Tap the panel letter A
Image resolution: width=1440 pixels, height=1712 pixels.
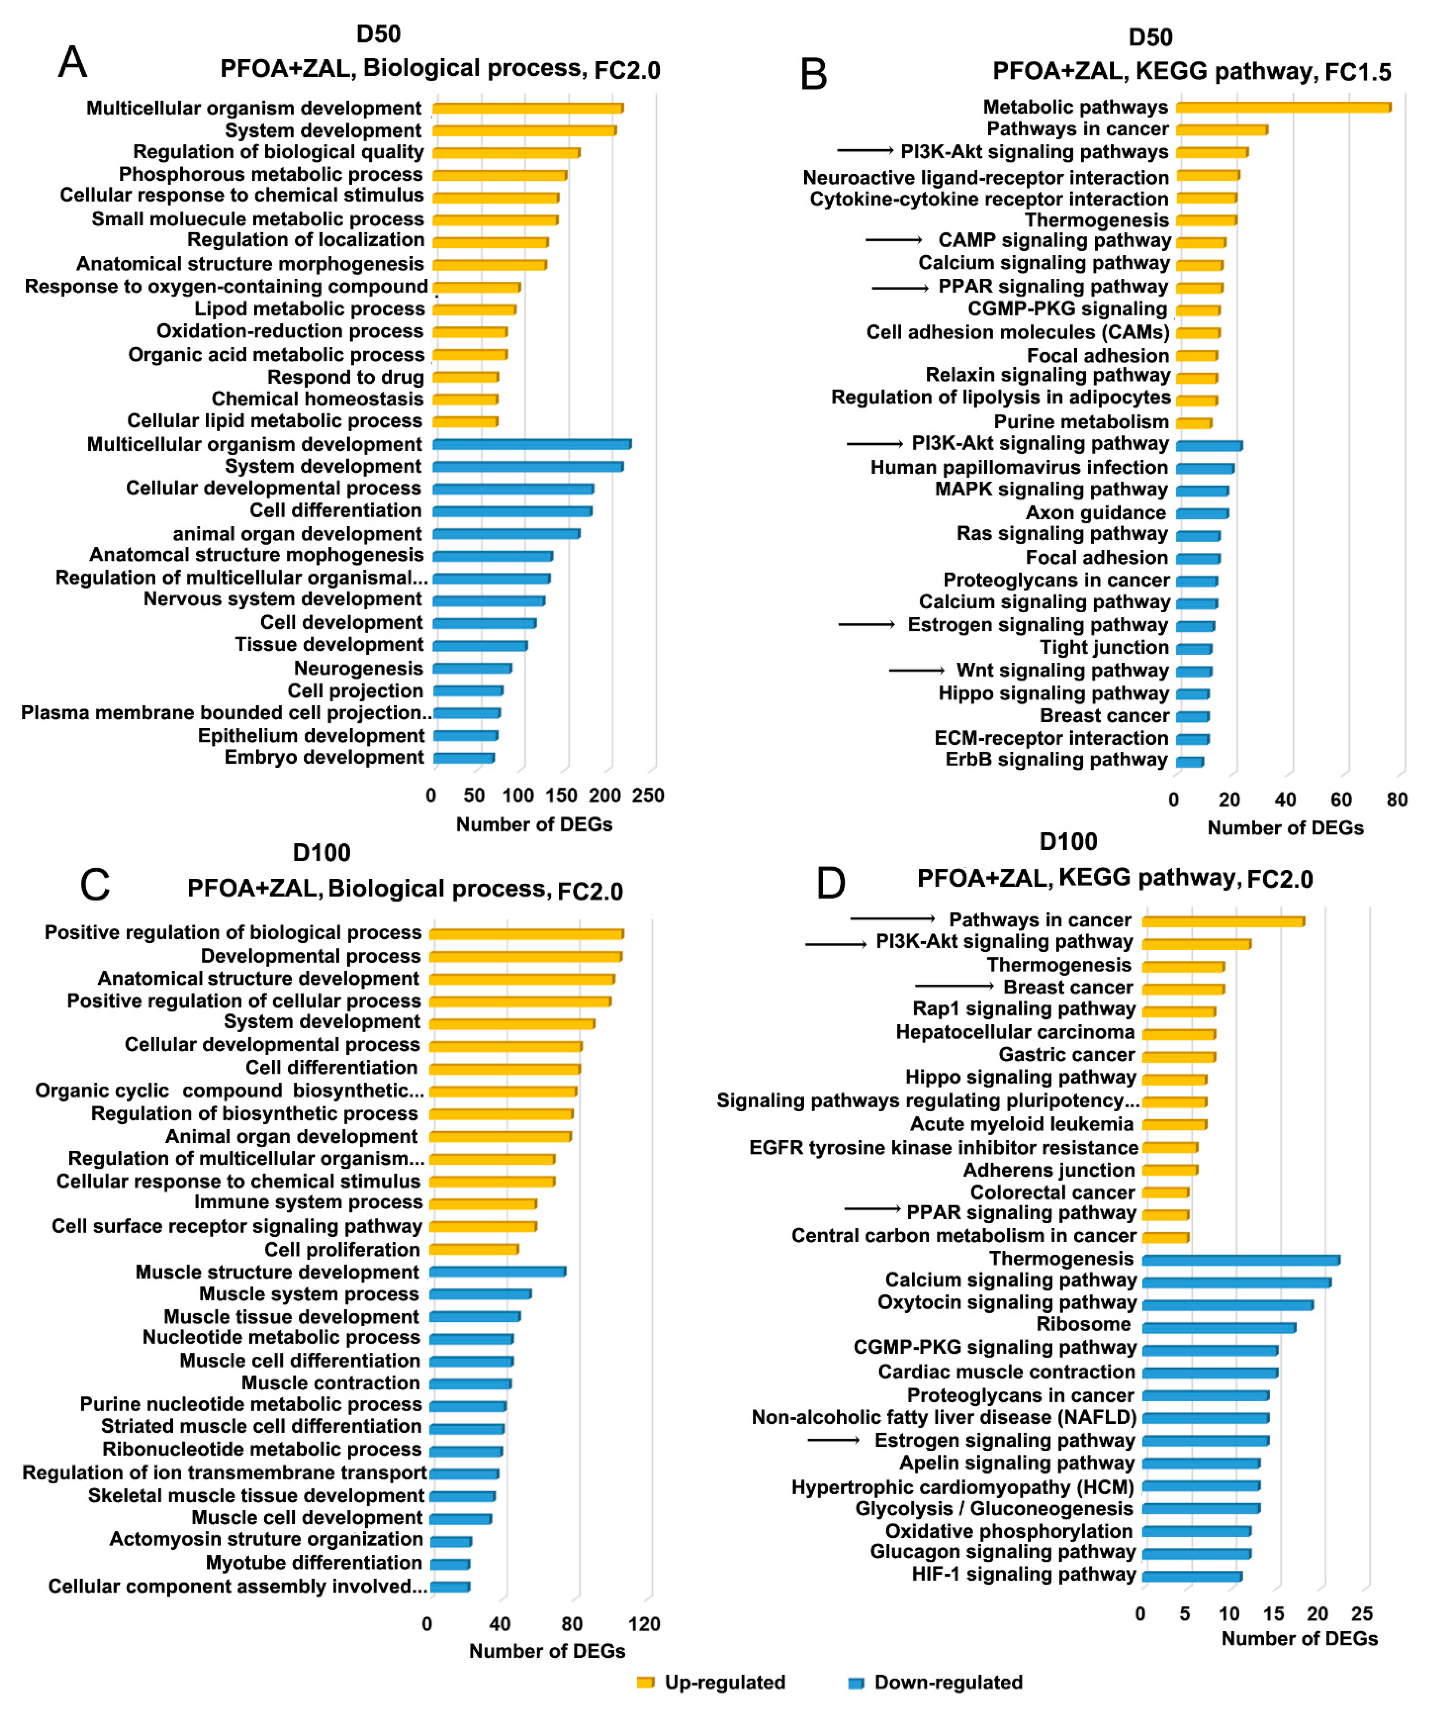[x=73, y=62]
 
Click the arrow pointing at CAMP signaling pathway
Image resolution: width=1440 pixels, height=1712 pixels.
[x=893, y=240]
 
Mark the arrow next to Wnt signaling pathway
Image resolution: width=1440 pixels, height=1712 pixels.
[x=916, y=670]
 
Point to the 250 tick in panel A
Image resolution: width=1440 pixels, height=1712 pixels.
[x=648, y=795]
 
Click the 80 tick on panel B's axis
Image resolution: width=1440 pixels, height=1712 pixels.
[x=1397, y=799]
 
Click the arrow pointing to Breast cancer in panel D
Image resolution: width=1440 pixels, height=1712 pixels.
[x=953, y=986]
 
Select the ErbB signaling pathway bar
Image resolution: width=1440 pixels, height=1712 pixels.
[x=1189, y=761]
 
